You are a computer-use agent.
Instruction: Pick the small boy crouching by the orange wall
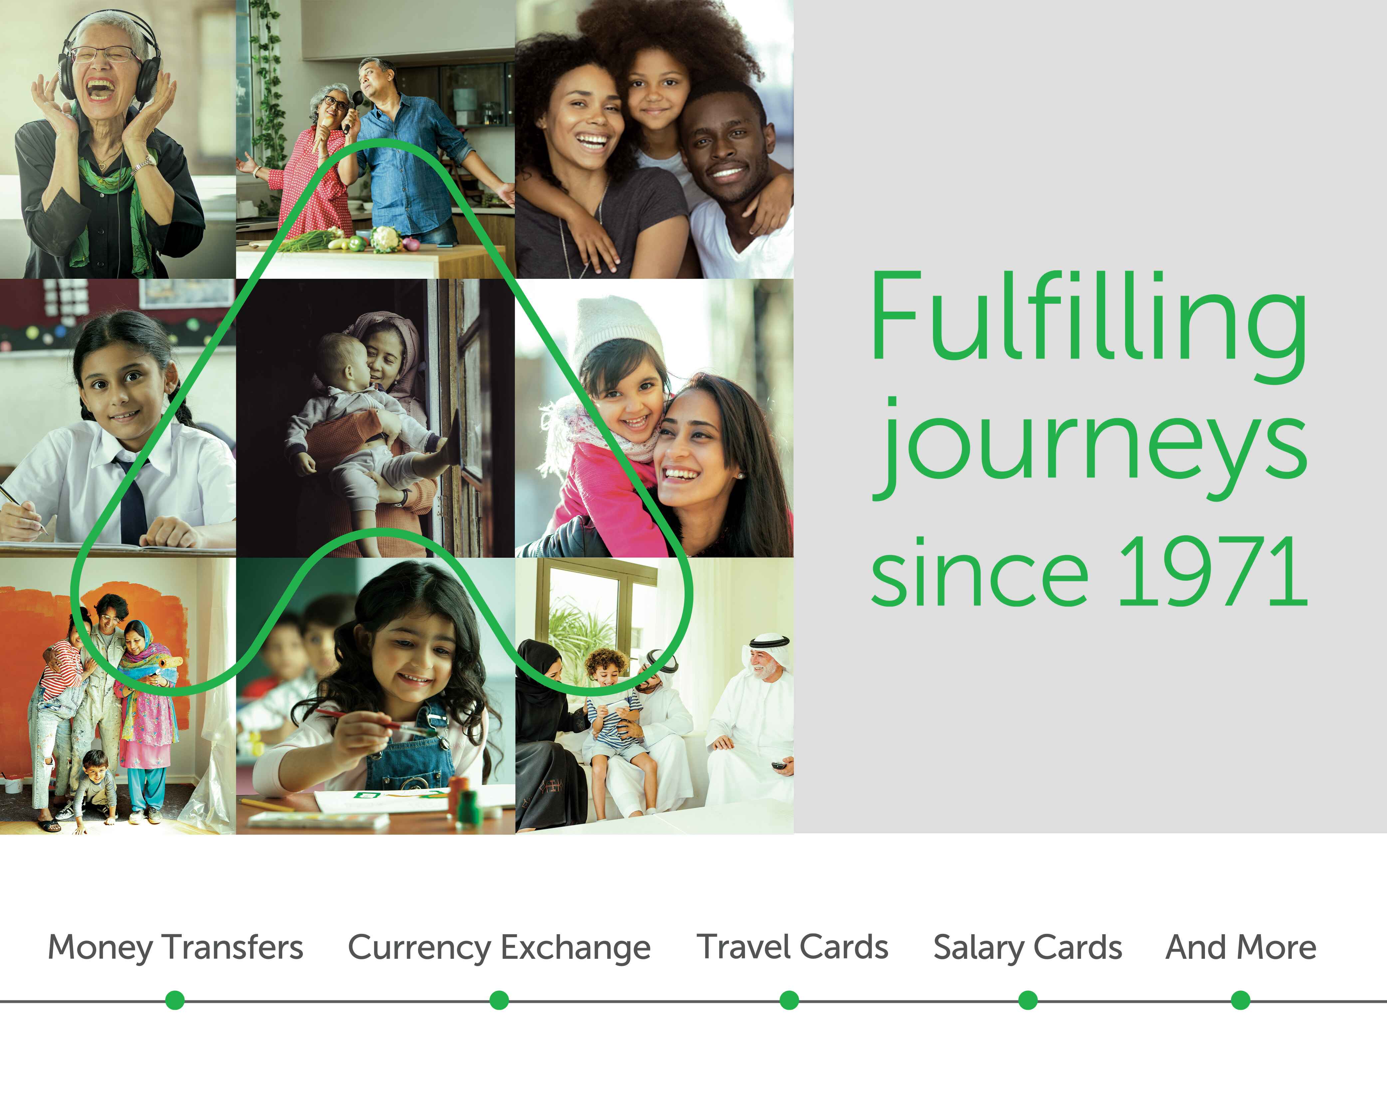pyautogui.click(x=95, y=790)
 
